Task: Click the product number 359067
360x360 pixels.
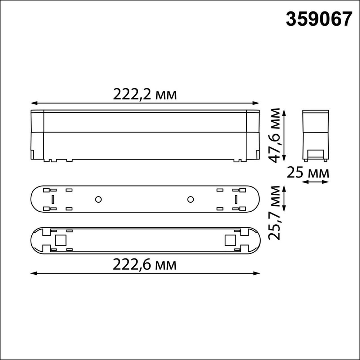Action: pyautogui.click(x=318, y=19)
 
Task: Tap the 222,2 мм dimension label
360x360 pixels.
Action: pyautogui.click(x=145, y=95)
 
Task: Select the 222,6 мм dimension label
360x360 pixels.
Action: pyautogui.click(x=145, y=265)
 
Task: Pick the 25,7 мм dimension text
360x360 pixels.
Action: pyautogui.click(x=276, y=212)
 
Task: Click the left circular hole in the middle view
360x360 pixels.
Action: pyautogui.click(x=98, y=199)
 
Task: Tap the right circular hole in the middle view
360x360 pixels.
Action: pyautogui.click(x=191, y=199)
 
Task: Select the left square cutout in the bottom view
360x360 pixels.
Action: pyautogui.click(x=60, y=240)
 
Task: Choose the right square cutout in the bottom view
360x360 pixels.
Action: pyautogui.click(x=229, y=240)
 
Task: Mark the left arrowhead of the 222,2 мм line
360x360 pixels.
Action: pyautogui.click(x=33, y=103)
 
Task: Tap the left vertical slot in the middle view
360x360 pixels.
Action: pyautogui.click(x=53, y=199)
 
